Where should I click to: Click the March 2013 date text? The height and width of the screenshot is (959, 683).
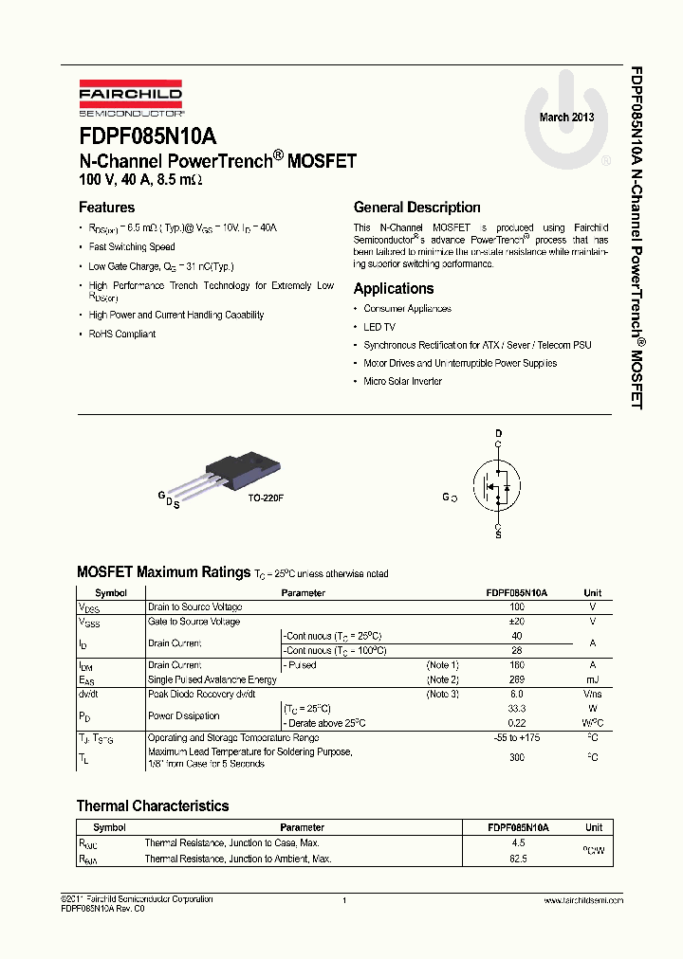point(567,118)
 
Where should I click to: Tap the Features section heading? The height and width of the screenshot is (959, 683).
point(106,208)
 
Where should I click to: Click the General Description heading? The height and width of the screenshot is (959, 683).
point(416,208)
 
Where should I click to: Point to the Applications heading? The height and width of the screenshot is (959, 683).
point(394,289)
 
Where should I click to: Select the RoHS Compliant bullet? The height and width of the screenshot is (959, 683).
point(122,335)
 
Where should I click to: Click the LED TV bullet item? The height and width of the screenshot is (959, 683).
point(379,327)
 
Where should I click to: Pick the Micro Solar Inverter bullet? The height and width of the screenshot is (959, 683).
point(402,382)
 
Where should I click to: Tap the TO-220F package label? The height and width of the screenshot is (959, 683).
point(266,498)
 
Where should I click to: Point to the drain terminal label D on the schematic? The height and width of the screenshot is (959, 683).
point(498,434)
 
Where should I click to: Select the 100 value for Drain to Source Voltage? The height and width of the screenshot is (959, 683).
point(517,606)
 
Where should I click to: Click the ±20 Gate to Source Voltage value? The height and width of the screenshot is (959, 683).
point(517,622)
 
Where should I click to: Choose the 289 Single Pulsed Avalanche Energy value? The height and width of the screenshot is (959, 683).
point(517,679)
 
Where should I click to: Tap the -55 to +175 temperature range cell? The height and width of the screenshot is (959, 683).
point(517,738)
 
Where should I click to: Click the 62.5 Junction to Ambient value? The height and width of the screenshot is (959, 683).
point(517,859)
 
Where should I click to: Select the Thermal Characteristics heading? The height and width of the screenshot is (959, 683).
point(153,806)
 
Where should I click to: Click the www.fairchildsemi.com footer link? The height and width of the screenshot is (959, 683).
point(582,900)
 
